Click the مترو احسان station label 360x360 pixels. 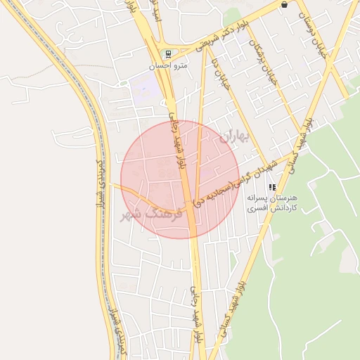167,66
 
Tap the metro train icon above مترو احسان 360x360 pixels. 167,54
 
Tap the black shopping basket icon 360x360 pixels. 284,4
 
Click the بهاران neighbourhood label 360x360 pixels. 233,136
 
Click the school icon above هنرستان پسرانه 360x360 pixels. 272,187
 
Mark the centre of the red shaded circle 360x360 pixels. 179,179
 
